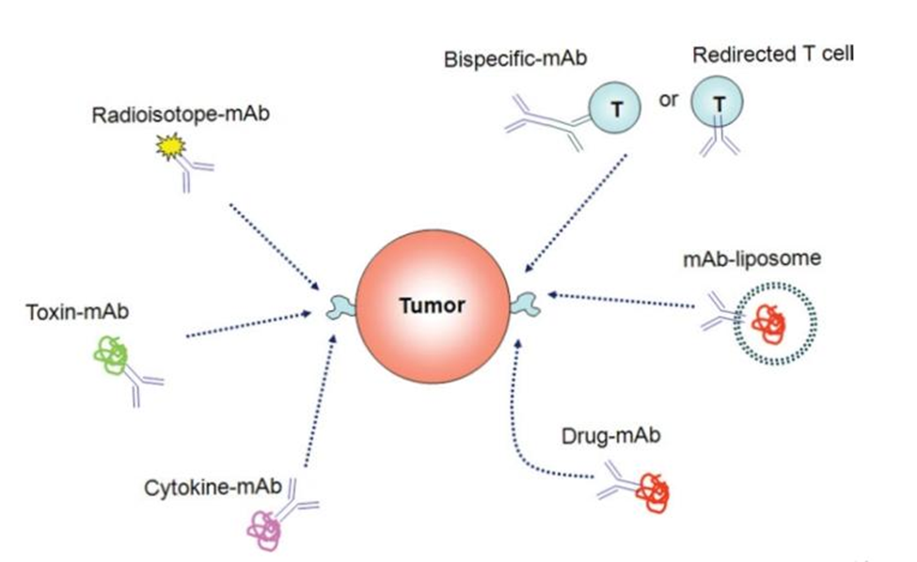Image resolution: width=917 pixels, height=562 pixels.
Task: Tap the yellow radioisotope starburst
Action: pyautogui.click(x=171, y=145)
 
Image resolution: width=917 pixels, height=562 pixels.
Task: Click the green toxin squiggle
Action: pyautogui.click(x=110, y=355)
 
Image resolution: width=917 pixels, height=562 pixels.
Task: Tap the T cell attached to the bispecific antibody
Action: pyautogui.click(x=615, y=108)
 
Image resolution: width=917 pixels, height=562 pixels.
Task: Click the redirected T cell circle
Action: pyautogui.click(x=718, y=103)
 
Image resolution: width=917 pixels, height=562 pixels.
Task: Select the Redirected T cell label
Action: pyautogui.click(x=773, y=54)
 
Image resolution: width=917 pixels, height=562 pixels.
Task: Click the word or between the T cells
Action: pyautogui.click(x=668, y=100)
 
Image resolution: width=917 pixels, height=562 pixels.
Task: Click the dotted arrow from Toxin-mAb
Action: pyautogui.click(x=248, y=325)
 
